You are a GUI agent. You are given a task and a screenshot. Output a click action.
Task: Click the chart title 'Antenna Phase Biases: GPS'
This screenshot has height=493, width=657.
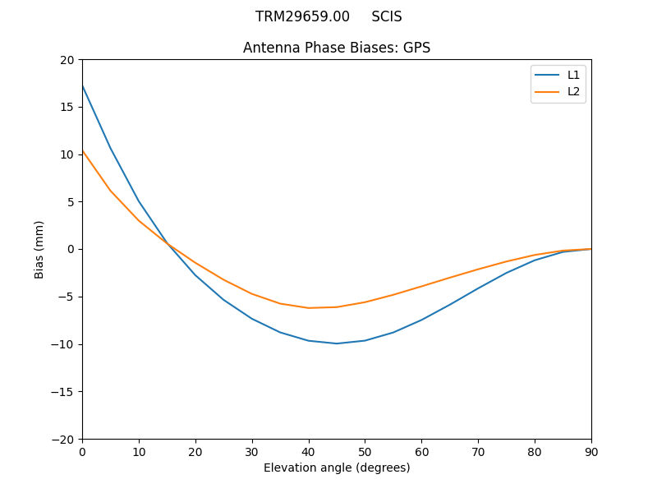(337, 48)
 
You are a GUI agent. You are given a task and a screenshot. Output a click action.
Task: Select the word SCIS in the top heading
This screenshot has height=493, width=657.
(386, 16)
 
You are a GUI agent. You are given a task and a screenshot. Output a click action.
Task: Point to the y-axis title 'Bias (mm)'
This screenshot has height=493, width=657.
(39, 249)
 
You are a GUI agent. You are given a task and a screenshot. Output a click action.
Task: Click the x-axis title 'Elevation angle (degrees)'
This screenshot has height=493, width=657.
(337, 468)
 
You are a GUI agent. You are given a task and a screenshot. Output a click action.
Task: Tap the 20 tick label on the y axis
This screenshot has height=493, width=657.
(67, 60)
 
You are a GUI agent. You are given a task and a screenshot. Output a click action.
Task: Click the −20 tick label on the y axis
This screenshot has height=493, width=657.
(64, 439)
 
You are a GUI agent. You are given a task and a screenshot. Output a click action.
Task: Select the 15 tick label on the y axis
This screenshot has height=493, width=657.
(67, 107)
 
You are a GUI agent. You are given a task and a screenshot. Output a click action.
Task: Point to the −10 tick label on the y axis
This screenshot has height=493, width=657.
(64, 344)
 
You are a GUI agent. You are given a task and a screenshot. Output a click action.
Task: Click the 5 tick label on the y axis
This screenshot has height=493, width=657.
(71, 202)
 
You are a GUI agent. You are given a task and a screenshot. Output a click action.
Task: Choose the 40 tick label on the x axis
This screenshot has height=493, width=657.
(309, 452)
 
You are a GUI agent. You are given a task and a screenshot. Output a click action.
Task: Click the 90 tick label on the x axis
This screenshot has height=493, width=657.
(591, 452)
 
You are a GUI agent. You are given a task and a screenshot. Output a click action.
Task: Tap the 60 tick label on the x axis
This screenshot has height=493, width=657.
(421, 452)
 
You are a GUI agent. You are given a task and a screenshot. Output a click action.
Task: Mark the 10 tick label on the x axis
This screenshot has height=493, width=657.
(139, 452)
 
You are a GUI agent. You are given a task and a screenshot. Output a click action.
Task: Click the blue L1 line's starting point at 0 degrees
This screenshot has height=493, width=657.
(82, 85)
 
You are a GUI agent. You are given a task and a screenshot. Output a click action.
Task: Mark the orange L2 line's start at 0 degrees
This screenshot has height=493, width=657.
(82, 150)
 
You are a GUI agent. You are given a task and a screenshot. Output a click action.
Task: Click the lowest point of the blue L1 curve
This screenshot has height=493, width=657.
(337, 343)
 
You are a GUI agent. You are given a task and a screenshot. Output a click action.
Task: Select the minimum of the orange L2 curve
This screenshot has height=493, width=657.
(309, 308)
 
